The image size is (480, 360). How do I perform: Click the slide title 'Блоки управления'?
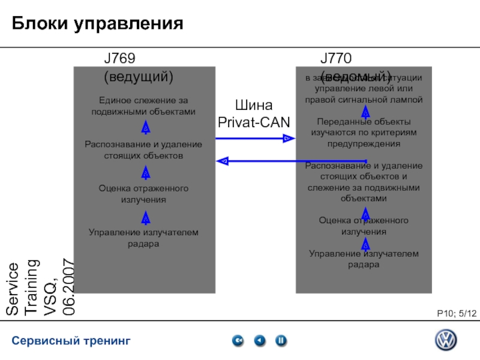click(97, 23)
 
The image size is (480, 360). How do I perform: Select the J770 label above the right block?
click(335, 59)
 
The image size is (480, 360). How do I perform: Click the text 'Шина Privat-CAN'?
click(253, 114)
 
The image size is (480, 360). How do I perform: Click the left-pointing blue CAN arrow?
click(258, 160)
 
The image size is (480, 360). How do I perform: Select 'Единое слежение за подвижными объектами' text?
click(143, 106)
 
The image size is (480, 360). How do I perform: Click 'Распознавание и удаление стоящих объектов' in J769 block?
click(143, 150)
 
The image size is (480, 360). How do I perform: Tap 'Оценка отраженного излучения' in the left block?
click(143, 194)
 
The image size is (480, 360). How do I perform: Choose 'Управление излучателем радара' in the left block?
click(143, 238)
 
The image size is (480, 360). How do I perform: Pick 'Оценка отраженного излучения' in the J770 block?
click(364, 226)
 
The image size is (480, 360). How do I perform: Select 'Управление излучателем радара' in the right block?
click(364, 259)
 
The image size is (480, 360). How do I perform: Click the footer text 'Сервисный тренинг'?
click(71, 341)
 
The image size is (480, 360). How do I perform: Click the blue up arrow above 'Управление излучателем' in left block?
click(146, 218)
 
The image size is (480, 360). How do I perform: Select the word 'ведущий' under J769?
click(139, 77)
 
